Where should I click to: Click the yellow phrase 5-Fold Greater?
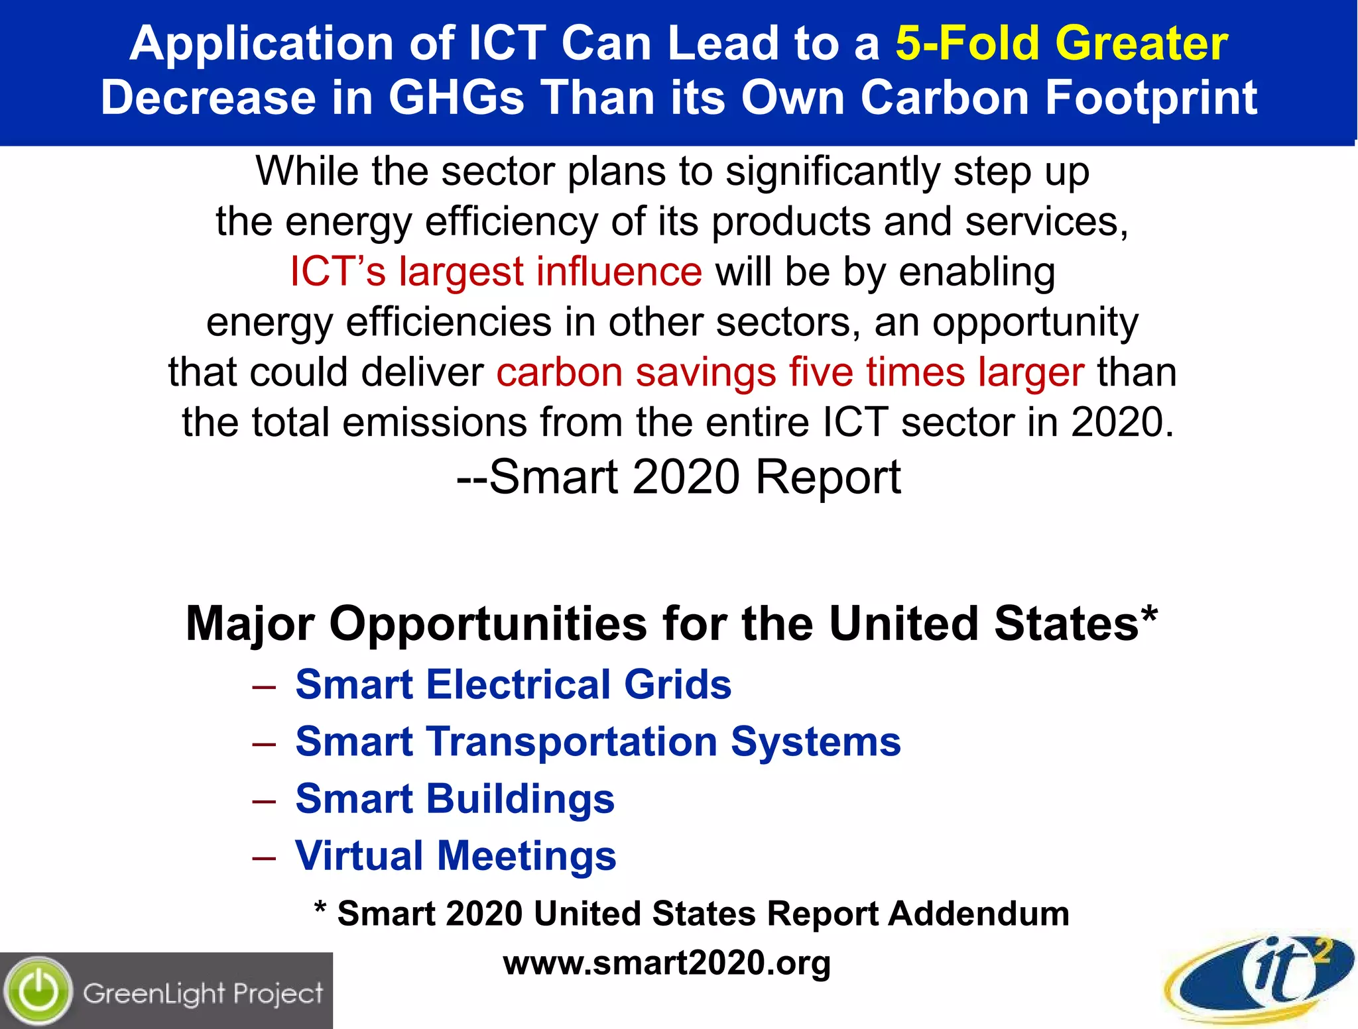[x=1061, y=44]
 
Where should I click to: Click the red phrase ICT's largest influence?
[x=496, y=272]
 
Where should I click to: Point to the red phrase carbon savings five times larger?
[x=790, y=372]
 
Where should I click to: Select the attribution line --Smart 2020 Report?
[x=678, y=477]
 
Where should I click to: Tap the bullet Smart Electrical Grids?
[x=513, y=684]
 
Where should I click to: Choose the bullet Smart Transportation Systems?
[x=598, y=741]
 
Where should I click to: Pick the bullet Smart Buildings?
[x=455, y=798]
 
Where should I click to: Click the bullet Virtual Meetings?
[x=456, y=855]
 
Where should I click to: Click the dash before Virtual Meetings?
[x=264, y=857]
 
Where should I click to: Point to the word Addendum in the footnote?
[x=979, y=914]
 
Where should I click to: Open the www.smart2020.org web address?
[x=666, y=963]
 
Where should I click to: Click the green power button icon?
[x=38, y=992]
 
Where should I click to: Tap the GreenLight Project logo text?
[x=203, y=993]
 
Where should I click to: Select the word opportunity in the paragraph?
[x=1035, y=322]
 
